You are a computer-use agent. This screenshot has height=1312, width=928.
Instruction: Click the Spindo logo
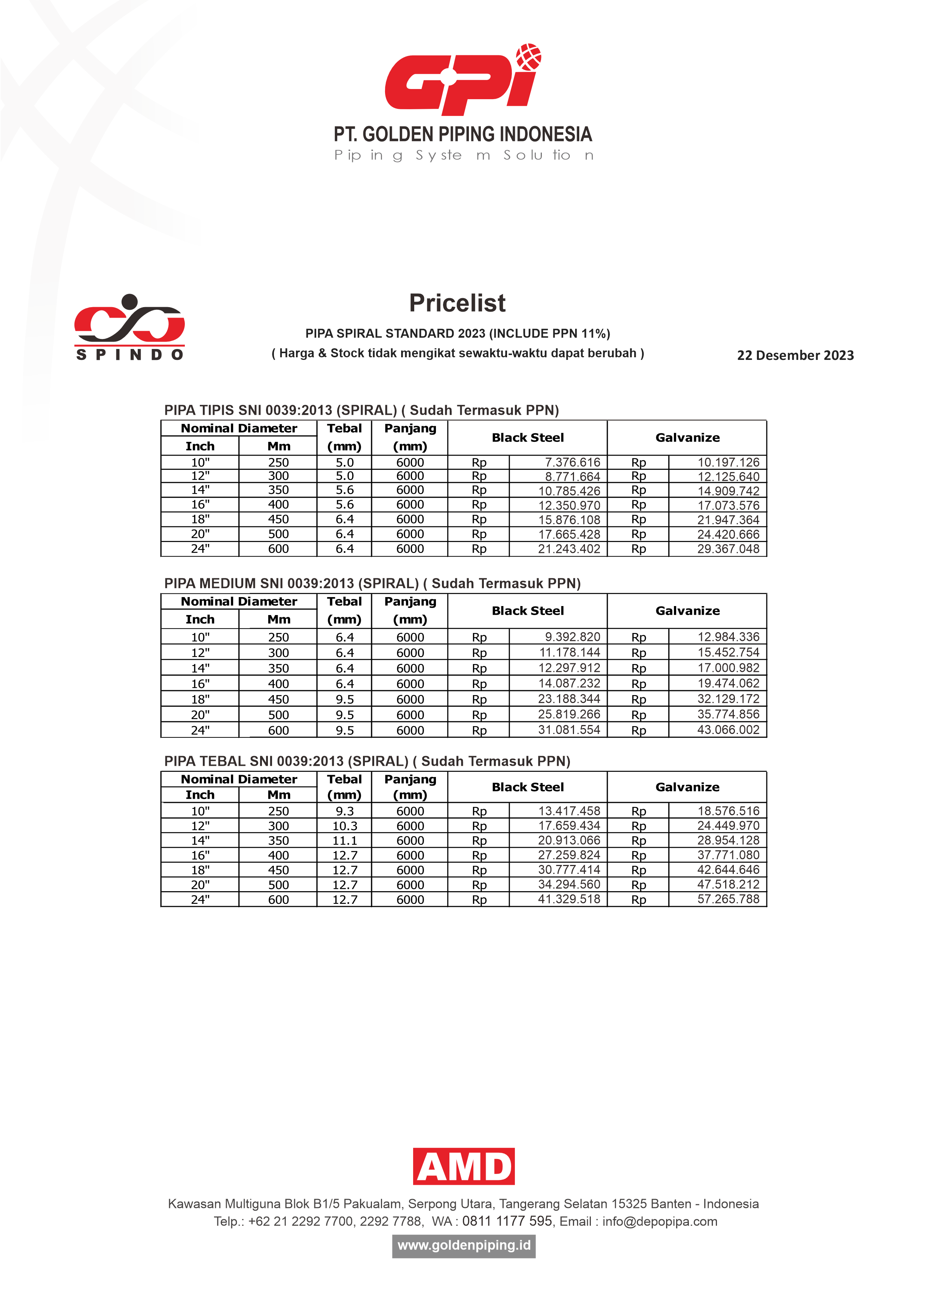pyautogui.click(x=130, y=327)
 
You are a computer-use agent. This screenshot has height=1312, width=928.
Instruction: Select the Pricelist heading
pyautogui.click(x=457, y=303)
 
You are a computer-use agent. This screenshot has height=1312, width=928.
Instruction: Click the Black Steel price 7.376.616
pyautogui.click(x=572, y=462)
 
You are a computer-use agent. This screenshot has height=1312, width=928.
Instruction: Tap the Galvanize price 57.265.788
pyautogui.click(x=728, y=899)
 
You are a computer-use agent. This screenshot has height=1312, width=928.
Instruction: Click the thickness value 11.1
pyautogui.click(x=345, y=841)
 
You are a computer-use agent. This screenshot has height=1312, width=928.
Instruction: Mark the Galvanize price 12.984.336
pyautogui.click(x=728, y=637)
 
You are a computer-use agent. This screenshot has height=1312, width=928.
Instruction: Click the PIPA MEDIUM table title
pyautogui.click(x=372, y=584)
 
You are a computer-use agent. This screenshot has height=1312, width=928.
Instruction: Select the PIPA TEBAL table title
pyautogui.click(x=367, y=761)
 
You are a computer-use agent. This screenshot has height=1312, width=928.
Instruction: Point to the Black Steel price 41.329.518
pyautogui.click(x=569, y=899)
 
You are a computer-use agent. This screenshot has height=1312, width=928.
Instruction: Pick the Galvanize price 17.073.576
pyautogui.click(x=728, y=505)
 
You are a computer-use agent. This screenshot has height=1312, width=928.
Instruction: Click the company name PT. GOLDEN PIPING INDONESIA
pyautogui.click(x=463, y=134)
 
